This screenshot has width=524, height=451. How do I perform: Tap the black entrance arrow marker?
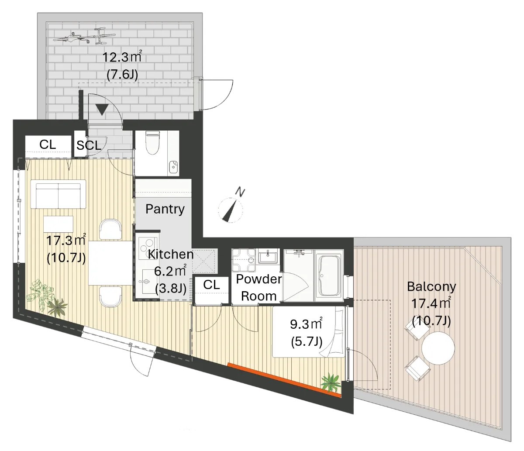pos(102,110)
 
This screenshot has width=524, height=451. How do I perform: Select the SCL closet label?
pos(89,145)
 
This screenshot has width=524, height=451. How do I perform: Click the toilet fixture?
pos(152,143)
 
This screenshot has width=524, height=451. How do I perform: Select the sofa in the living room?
pos(58,194)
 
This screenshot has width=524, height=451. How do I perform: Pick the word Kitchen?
pos(171,254)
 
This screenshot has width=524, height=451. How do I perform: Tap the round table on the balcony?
pos(438,348)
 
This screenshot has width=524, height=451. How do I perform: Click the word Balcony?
pos(431,286)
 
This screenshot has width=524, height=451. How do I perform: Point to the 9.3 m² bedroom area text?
pos(306,324)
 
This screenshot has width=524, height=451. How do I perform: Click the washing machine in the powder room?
pos(244,261)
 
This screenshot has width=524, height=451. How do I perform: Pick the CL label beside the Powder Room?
pos(211,285)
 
